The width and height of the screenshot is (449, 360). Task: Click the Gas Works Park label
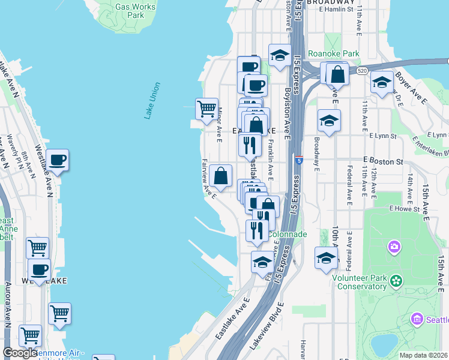point(135,11)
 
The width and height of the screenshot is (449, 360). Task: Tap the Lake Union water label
point(152,100)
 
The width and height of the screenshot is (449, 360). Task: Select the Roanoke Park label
point(333,53)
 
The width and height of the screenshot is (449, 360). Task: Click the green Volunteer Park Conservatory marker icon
point(396,280)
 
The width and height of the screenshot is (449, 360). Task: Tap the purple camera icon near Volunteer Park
point(394,247)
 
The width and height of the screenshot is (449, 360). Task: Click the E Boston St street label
point(383,162)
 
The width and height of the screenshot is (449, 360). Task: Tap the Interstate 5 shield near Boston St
point(298,160)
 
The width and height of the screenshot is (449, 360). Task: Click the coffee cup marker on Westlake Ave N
point(58,160)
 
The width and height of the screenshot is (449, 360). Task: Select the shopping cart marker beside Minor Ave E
point(206,109)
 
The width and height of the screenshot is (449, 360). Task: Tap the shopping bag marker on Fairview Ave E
point(221,176)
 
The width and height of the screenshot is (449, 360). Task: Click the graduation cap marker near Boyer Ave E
point(381,83)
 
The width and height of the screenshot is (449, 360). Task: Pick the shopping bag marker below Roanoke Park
point(338,74)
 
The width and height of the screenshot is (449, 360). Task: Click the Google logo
point(20,353)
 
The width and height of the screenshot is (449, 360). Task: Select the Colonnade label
point(288,234)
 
